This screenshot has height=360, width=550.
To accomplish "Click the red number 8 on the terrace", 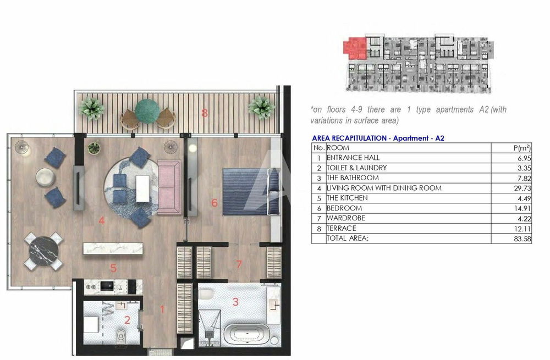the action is click(205, 113).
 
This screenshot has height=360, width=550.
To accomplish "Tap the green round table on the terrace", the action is click(147, 111).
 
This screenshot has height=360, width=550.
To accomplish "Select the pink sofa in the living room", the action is click(169, 187).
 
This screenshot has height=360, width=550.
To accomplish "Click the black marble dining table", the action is click(43, 251).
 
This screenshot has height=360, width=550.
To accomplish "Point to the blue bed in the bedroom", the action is click(251, 191).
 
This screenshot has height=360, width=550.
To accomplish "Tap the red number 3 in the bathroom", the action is click(235, 301).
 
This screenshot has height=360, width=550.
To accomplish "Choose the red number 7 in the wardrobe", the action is click(239, 264).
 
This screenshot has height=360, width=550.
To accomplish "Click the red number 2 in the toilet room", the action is click(128, 320).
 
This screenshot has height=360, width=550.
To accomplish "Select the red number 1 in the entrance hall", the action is click(162, 309).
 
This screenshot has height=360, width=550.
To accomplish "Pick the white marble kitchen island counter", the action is click(113, 248).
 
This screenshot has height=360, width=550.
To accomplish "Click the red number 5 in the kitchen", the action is click(113, 268).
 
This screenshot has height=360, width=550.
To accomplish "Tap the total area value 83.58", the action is click(522, 239).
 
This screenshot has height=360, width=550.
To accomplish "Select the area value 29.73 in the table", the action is click(522, 189).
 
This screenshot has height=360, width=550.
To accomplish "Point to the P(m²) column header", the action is click(522, 148).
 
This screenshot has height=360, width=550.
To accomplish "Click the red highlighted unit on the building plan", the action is click(355, 48).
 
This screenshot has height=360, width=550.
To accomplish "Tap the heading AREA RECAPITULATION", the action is click(349, 138).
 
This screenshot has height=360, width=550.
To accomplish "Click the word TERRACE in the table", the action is click(342, 229).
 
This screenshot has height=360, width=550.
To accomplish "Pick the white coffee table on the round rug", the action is click(142, 189).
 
